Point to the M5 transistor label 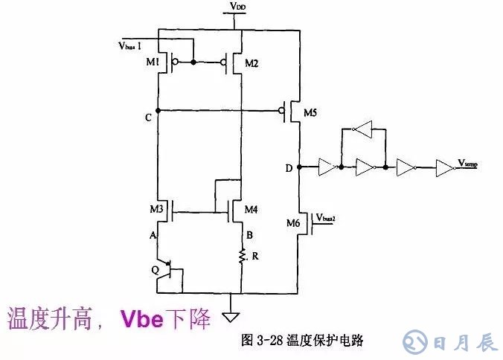coord(310,114)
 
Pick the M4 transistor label coord(251,211)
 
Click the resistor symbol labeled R coord(243,257)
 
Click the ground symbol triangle coord(235,303)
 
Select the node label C coord(150,118)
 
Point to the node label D coord(288,168)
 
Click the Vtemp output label coord(468,163)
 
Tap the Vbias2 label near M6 coord(328,218)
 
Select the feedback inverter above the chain coord(362,130)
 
